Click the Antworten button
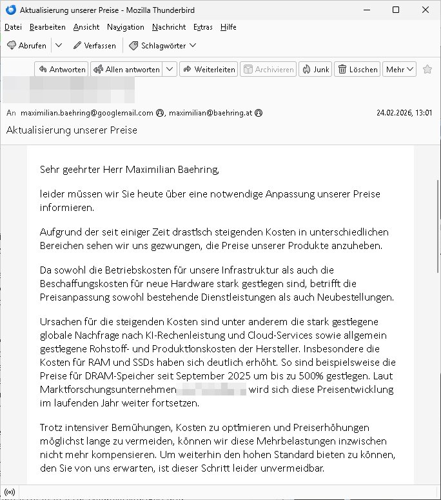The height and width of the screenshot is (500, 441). point(61,70)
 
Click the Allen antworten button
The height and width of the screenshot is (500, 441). point(126,70)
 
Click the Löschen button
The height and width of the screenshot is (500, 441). point(358,70)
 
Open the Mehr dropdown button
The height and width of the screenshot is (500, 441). point(400,70)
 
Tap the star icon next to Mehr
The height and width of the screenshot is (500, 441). point(427,70)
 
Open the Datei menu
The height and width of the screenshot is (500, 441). point(13,27)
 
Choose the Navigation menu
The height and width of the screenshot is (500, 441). point(126,27)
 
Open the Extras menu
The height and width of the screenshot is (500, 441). point(202,27)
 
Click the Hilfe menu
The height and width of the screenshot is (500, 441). point(228,27)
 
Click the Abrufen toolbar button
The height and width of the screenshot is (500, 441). point(26,46)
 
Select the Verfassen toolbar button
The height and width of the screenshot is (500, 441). point(95,46)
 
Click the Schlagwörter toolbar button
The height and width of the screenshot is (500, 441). point(162,46)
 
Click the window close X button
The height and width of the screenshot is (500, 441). point(425,10)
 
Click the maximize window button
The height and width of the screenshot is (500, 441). point(396,10)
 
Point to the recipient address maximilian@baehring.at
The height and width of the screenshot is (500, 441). point(210,113)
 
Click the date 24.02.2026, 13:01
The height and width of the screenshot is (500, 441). point(404,113)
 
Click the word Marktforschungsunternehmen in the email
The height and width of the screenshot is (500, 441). point(108,390)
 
